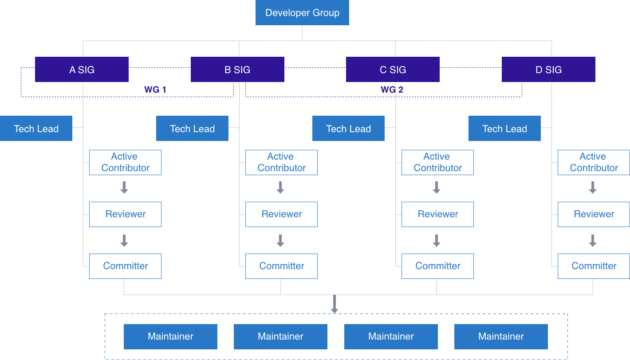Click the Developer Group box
[x=302, y=13]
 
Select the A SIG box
[x=82, y=70]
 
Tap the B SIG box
[x=237, y=70]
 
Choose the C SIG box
[x=393, y=70]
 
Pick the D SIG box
[x=548, y=70]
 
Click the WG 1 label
[x=155, y=90]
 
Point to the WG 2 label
[x=392, y=90]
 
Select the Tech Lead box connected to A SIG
[x=36, y=129]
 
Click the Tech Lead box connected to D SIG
[x=504, y=129]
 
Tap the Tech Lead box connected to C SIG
[x=348, y=129]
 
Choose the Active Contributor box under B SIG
[x=281, y=162]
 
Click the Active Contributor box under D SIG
[x=594, y=162]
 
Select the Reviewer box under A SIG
[x=125, y=214]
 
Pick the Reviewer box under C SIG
[x=437, y=214]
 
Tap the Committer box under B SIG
[x=281, y=266]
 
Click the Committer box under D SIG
[x=594, y=266]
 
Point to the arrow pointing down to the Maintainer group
[x=335, y=304]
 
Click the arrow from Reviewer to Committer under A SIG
[x=124, y=241]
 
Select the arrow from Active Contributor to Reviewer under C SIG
[x=437, y=188]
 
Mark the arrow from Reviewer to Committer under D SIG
[x=593, y=241]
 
